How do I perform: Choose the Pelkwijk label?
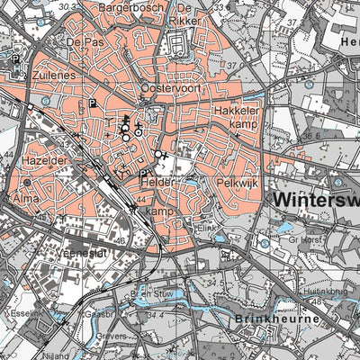click(x=238, y=182)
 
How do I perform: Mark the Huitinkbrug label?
click(x=328, y=291)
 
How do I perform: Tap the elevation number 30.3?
click(x=90, y=6)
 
